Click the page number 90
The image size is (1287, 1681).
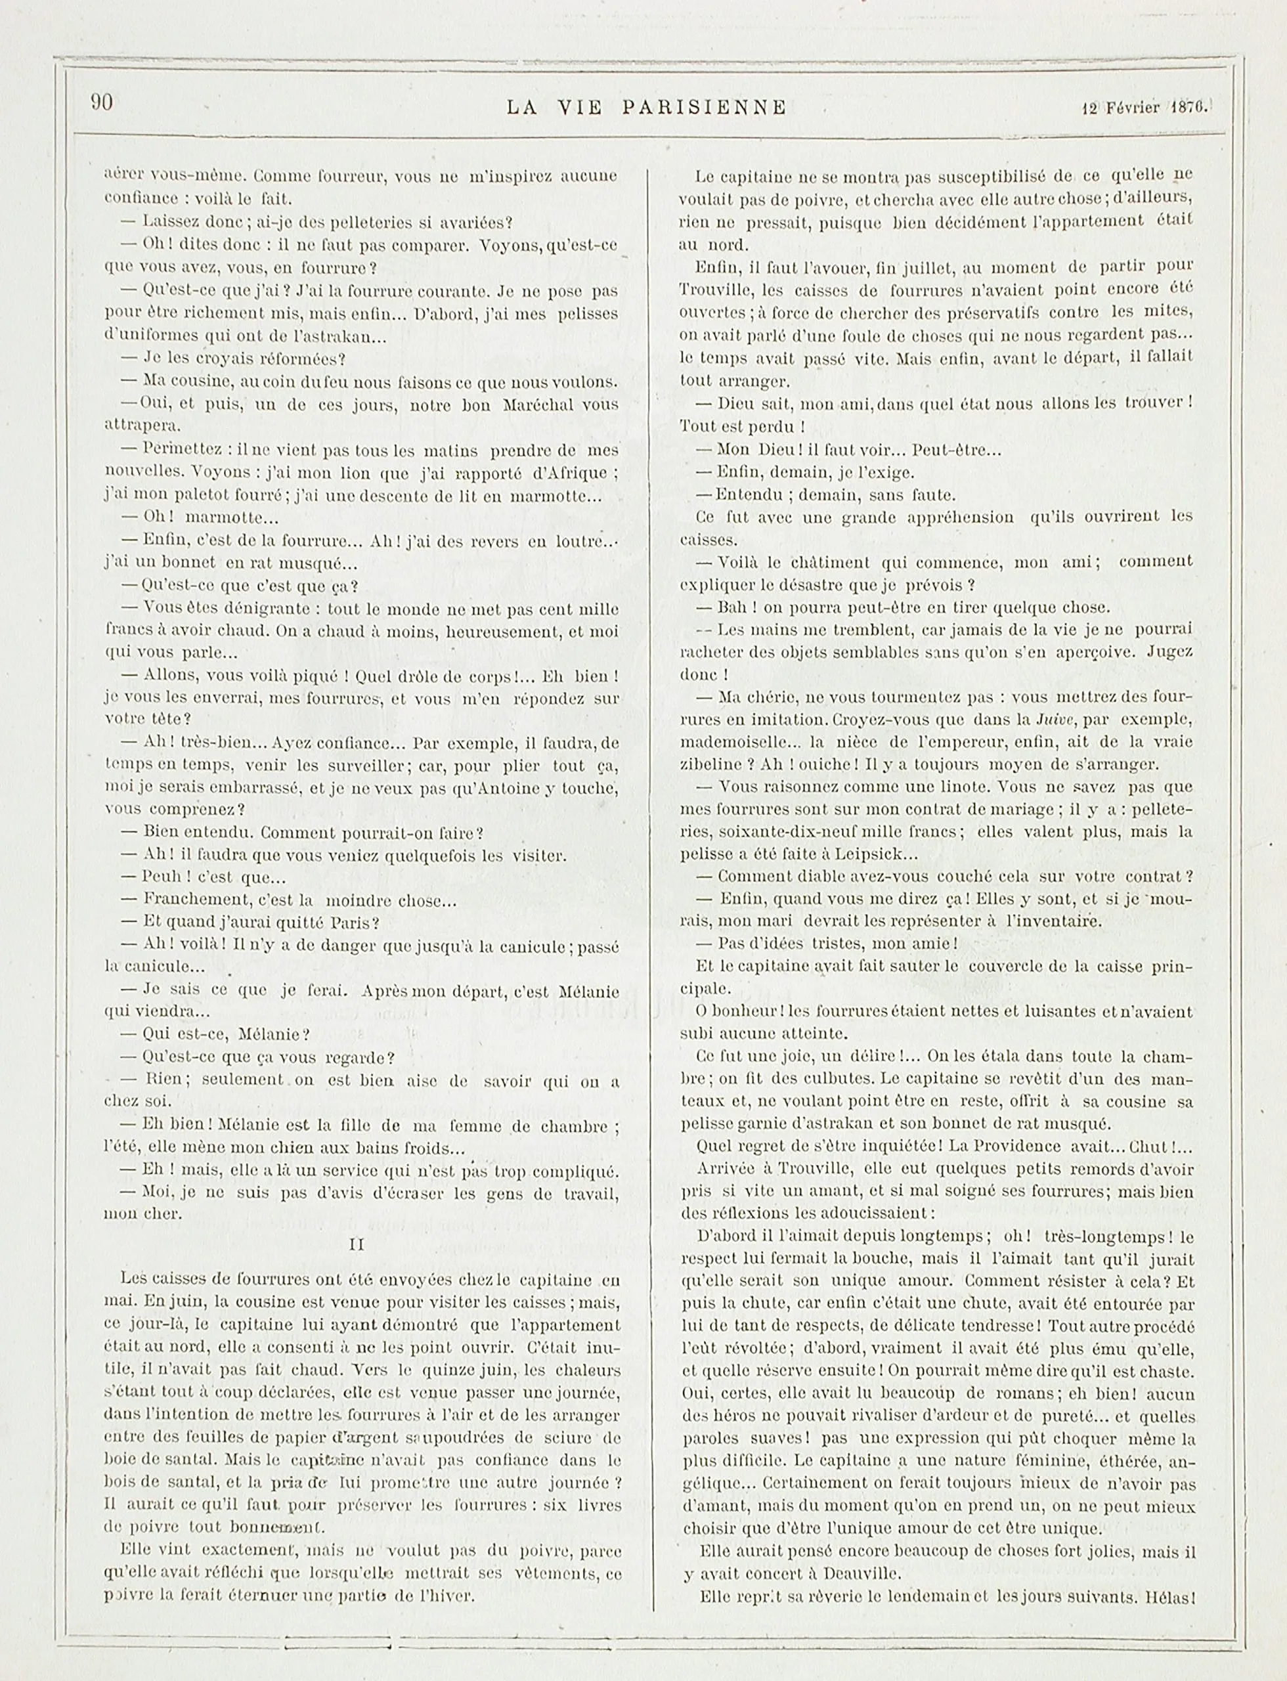pyautogui.click(x=102, y=102)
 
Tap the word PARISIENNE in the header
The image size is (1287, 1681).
pyautogui.click(x=704, y=108)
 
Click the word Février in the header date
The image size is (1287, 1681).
pyautogui.click(x=1131, y=108)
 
